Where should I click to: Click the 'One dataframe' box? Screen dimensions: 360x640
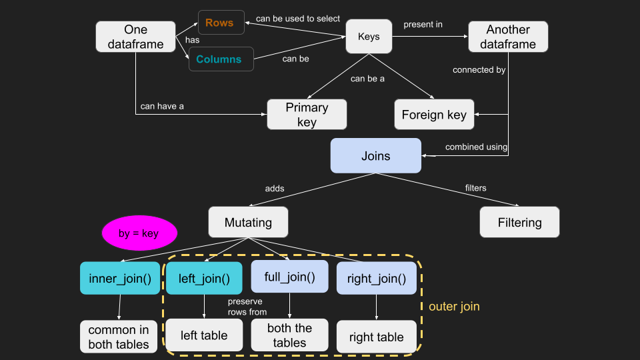click(135, 37)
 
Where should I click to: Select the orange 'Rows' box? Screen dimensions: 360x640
click(219, 23)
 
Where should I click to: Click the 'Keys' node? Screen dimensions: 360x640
click(369, 37)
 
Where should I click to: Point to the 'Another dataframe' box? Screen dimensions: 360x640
click(508, 37)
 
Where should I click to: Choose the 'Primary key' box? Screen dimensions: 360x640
click(307, 115)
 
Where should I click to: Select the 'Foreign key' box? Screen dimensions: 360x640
click(434, 115)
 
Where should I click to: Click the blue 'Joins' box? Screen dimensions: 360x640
click(376, 156)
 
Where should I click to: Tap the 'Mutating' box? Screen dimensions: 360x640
click(248, 222)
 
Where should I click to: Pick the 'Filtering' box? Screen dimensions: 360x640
click(519, 223)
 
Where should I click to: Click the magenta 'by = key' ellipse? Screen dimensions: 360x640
click(139, 233)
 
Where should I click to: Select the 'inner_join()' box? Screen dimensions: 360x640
click(120, 278)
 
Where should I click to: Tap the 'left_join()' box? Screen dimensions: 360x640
click(203, 277)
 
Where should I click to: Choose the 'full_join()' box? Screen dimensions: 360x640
click(289, 276)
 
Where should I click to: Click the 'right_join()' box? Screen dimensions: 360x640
click(377, 279)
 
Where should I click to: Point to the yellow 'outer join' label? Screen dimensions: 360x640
click(454, 307)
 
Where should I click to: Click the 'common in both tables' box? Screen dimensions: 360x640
click(119, 337)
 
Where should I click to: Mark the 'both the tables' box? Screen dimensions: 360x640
click(289, 335)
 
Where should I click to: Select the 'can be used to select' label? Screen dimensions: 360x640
click(297, 19)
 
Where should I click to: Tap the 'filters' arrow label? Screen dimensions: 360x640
click(475, 188)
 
